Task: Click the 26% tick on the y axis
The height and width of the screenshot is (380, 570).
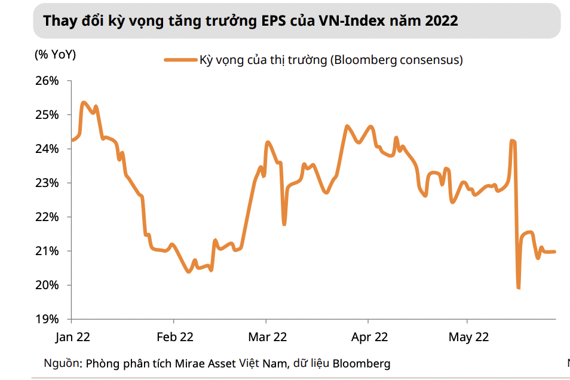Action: [48, 81]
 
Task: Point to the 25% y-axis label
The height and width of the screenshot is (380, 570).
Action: [48, 115]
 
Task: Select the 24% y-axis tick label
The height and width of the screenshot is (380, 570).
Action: [48, 149]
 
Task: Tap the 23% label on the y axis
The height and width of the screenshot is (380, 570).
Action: [48, 183]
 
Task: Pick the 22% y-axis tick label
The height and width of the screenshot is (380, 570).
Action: [48, 217]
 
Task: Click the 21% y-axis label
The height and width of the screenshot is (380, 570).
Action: [48, 251]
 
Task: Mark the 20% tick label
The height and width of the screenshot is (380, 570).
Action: [48, 285]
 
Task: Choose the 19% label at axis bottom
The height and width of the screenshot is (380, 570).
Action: [48, 319]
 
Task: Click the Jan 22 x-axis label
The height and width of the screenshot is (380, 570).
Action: [72, 337]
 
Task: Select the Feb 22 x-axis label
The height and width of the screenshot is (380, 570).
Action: [174, 337]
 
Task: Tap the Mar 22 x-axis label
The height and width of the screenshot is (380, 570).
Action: [267, 337]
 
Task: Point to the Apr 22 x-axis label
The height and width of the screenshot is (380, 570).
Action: [369, 337]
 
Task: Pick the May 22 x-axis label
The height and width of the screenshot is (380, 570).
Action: [468, 337]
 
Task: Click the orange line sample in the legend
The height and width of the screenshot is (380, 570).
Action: [180, 60]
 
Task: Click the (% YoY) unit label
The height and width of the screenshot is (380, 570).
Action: [56, 55]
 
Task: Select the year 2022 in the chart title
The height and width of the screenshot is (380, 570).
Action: [441, 21]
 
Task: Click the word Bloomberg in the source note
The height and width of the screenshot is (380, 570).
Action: [361, 363]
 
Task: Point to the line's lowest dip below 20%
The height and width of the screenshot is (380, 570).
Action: [518, 288]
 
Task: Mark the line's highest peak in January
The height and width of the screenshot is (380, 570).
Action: [83, 103]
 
